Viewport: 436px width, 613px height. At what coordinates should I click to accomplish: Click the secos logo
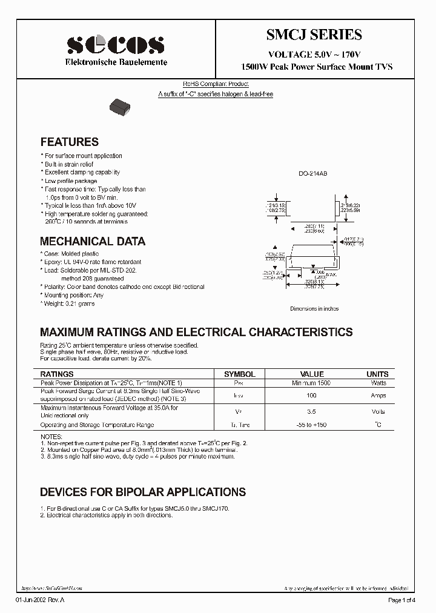pos(115,45)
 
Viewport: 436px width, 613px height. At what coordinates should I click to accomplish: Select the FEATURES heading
pos(69,142)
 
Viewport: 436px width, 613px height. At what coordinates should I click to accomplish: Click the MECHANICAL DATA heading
pos(93,242)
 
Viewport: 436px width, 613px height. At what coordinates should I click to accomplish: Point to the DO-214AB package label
pos(312,174)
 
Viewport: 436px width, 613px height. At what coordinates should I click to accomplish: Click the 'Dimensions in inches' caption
pos(314,309)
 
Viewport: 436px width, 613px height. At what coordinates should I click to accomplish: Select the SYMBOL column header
pos(240,374)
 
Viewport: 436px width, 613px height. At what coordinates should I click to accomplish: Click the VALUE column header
pos(312,374)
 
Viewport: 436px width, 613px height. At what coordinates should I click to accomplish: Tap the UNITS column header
pos(377,374)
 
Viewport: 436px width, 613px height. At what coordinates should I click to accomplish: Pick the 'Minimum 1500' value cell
pos(312,383)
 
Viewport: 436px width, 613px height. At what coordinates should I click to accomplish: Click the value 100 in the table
pos(312,396)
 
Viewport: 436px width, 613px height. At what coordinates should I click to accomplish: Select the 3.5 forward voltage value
pos(312,412)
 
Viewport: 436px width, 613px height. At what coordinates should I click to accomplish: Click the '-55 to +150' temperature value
pos(312,425)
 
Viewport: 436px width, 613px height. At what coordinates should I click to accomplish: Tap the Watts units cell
pos(377,383)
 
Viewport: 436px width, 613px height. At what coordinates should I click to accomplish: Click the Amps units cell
pos(377,396)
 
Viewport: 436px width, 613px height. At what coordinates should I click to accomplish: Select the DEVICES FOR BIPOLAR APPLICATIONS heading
pos(143,492)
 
